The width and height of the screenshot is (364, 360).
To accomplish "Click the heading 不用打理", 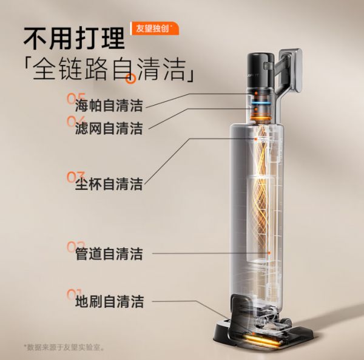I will coord(74,39).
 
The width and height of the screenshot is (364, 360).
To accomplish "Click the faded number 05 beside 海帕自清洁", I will coord(76,98).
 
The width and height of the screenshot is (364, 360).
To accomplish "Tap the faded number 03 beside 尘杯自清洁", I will coord(76,177).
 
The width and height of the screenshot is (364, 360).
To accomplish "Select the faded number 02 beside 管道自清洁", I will coord(76,246).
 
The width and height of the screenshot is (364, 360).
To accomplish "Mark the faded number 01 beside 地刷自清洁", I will coord(76,294).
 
